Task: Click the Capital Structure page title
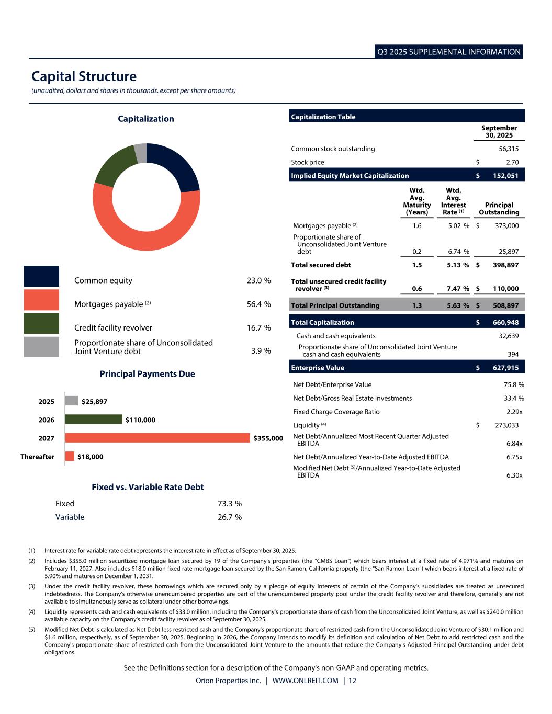(84, 76)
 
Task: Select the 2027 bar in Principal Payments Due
(157, 438)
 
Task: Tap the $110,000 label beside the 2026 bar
(140, 420)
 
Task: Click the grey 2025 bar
(71, 401)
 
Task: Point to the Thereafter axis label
(37, 457)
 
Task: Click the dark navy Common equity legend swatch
(41, 276)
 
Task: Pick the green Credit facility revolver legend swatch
(41, 324)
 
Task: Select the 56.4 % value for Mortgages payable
(258, 304)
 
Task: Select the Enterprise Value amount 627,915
(505, 368)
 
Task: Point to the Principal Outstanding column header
(499, 209)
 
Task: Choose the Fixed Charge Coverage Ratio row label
(336, 412)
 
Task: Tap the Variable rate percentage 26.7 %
(229, 517)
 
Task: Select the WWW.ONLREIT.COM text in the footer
(305, 681)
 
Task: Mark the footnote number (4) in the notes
(32, 611)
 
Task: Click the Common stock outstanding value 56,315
(509, 149)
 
